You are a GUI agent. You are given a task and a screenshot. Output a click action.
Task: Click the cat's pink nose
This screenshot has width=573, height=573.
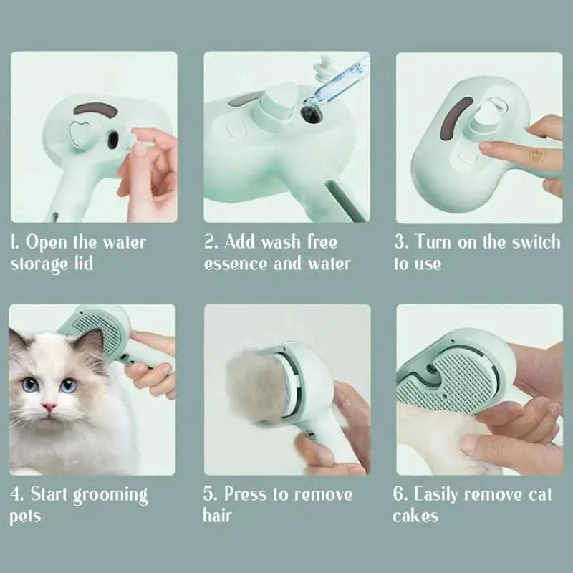(49, 407)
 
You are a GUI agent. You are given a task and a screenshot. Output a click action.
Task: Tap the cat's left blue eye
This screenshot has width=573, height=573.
(31, 385)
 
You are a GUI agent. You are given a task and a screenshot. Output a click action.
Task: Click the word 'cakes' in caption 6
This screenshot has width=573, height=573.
(415, 516)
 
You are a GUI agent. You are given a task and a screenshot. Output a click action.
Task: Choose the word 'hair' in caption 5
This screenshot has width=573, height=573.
(217, 516)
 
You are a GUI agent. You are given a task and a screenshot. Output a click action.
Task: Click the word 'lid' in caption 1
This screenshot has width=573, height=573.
(82, 263)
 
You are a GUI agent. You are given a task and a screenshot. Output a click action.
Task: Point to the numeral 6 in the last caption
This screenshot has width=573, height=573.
(398, 494)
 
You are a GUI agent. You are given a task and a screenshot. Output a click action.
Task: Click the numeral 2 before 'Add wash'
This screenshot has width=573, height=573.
(209, 241)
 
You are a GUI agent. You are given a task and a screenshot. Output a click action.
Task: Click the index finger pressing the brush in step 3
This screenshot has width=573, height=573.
(501, 151)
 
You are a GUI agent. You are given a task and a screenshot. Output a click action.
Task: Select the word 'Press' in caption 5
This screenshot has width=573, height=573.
(248, 494)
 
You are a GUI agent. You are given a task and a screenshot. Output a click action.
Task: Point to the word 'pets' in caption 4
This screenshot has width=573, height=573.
(26, 516)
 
